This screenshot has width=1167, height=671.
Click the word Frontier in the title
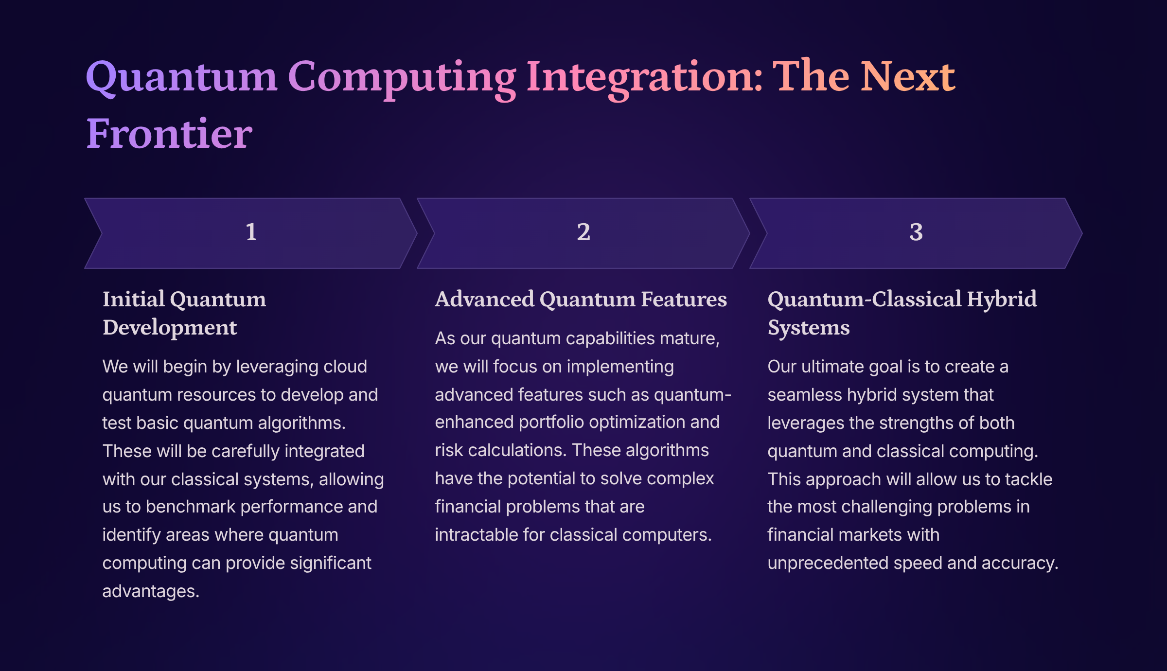[169, 133]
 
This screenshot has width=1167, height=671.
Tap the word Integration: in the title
[645, 78]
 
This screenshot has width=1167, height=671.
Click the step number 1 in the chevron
[251, 232]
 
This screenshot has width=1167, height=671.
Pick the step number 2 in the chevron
[583, 232]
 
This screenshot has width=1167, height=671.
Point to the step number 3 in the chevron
[916, 232]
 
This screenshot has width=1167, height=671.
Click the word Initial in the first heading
[134, 299]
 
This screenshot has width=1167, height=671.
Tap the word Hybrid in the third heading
[1002, 299]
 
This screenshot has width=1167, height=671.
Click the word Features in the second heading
[684, 299]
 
